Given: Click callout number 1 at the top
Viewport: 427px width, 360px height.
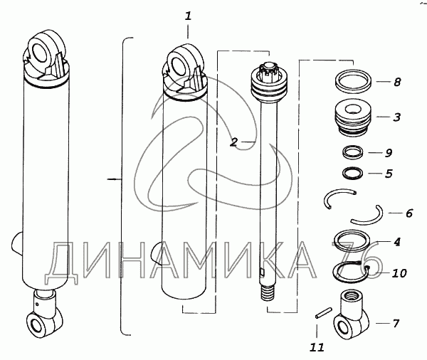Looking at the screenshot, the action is click(x=188, y=16).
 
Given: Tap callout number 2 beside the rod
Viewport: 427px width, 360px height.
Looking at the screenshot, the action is click(x=233, y=142).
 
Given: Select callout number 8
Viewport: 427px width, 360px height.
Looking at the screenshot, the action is click(x=397, y=82).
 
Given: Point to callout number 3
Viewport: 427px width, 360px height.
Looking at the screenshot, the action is click(x=397, y=117).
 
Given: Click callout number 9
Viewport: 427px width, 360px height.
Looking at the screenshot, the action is click(x=389, y=153).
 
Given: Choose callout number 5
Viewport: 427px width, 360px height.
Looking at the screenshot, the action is click(x=389, y=174).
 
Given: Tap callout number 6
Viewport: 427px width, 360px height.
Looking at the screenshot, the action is click(x=409, y=213).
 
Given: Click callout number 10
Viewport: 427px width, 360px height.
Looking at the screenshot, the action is click(x=399, y=273).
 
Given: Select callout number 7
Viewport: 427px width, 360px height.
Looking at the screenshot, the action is click(x=396, y=323).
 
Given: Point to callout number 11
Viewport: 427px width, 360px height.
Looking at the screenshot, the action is click(x=317, y=347).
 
